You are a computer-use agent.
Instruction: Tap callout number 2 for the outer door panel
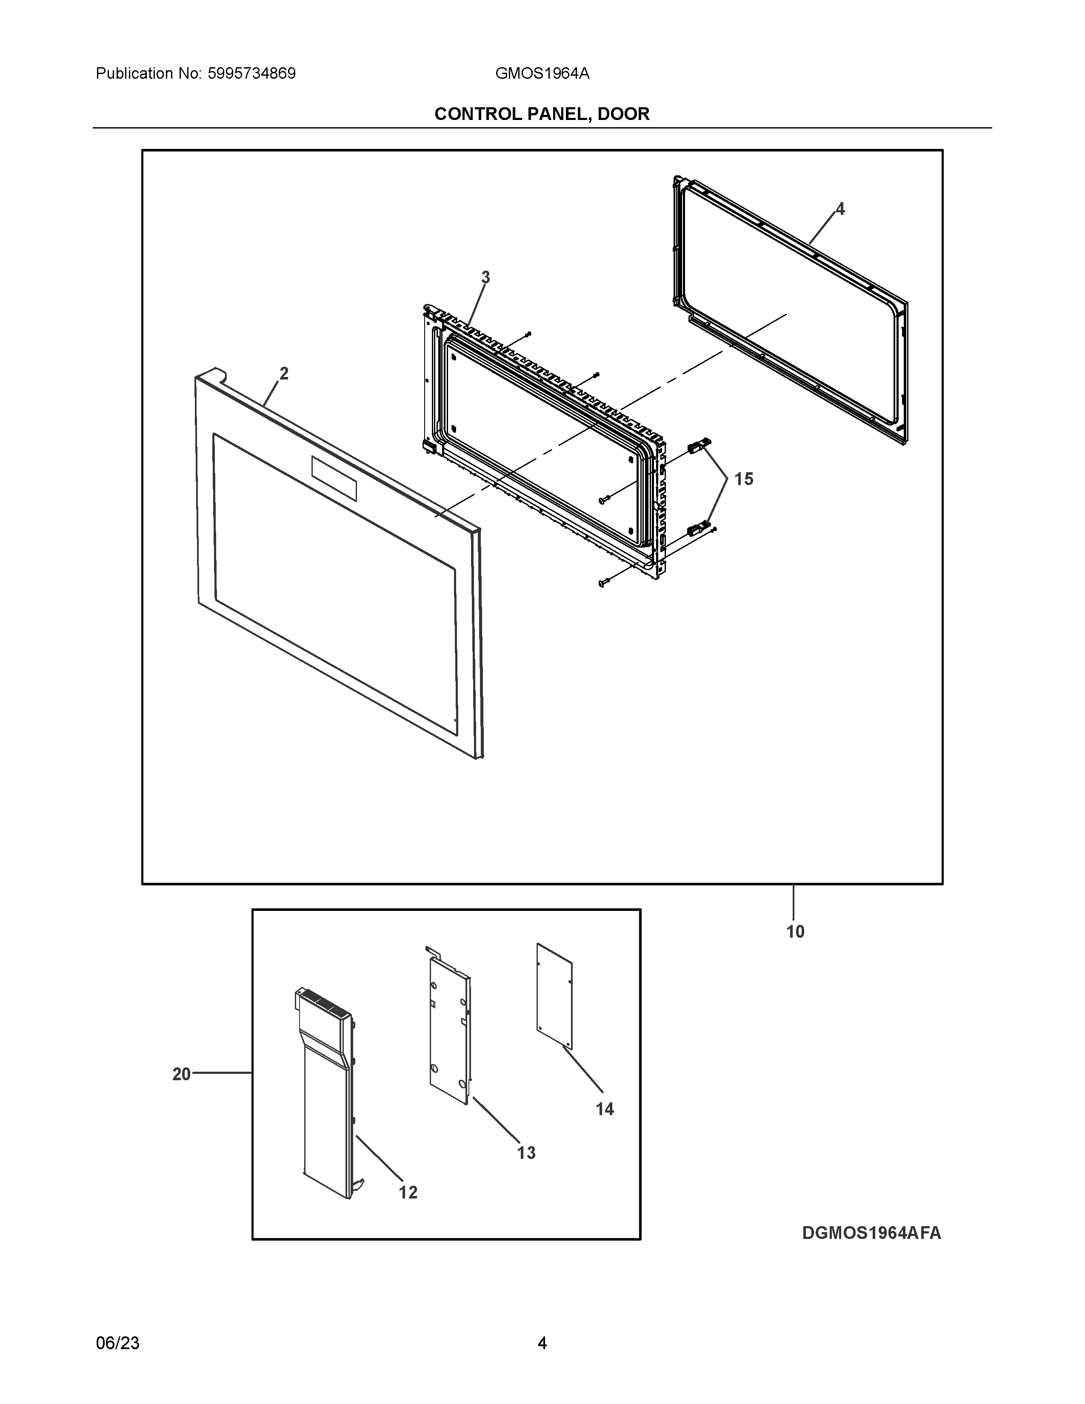pos(283,374)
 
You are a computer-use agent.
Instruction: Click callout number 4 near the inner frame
pos(839,209)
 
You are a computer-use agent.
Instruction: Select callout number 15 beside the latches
pos(744,479)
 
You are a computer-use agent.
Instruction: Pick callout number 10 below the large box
pos(795,931)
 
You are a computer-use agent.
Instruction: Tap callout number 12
pos(408,1193)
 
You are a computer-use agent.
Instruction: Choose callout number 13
pos(526,1153)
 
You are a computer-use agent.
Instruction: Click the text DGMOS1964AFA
pos(871,1233)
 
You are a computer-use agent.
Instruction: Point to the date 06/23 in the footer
pos(117,1343)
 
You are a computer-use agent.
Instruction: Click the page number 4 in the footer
pos(542,1343)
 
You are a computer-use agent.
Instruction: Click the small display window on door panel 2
pos(334,478)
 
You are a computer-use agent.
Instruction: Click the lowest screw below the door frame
pos(603,583)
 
